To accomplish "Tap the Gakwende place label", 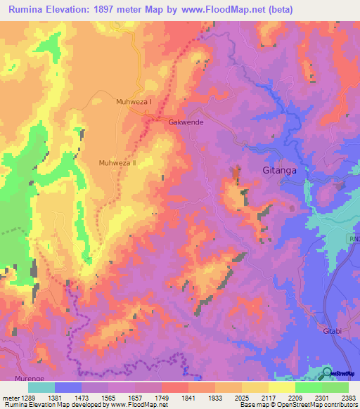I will tap(186, 122).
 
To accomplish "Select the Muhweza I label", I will tap(134, 102).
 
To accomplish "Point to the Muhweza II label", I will tap(117, 162).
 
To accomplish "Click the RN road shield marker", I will tap(354, 240).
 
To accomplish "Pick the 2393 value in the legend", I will tap(348, 397).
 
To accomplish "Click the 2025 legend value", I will tap(242, 397).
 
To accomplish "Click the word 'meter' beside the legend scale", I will tap(10, 397).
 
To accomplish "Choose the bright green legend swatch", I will tap(309, 387).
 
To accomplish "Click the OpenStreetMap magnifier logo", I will tap(327, 372).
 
